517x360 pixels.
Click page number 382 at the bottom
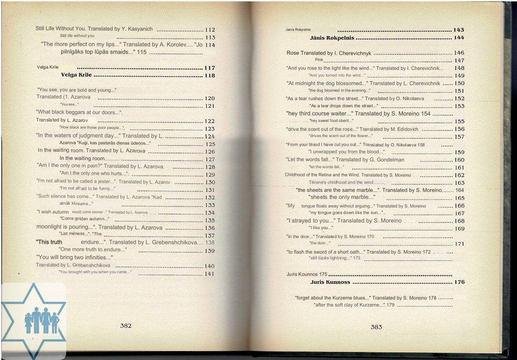click(126, 326)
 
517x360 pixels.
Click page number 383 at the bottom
click(376, 327)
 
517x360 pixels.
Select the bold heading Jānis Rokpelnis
click(331, 38)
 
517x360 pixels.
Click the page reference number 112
click(210, 29)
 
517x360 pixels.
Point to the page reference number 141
click(210, 274)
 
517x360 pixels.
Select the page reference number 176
click(459, 282)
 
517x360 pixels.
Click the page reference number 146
click(459, 53)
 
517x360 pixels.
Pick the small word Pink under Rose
click(319, 60)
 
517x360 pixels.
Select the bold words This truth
click(49, 242)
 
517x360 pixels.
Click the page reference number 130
click(210, 182)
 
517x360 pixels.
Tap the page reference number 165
click(459, 198)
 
